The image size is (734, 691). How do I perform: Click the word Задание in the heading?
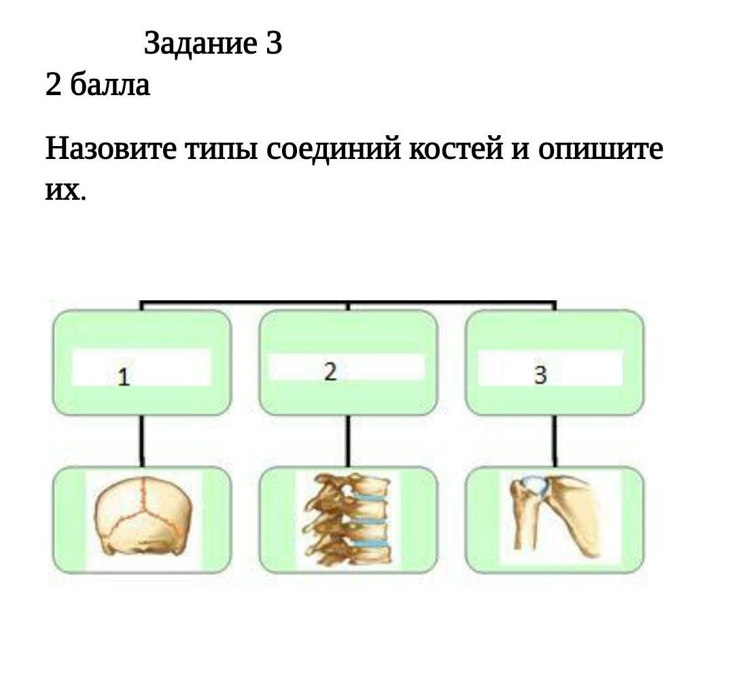point(200,44)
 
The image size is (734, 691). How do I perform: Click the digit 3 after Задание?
point(275,43)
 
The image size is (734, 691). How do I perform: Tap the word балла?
point(110,85)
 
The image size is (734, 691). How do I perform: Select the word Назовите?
point(111,149)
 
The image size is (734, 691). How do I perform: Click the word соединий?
point(334,149)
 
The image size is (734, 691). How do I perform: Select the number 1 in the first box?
point(124,377)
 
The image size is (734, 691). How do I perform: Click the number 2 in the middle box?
point(330,372)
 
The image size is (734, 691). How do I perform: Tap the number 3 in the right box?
point(541,375)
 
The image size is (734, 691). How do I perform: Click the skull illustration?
point(143,516)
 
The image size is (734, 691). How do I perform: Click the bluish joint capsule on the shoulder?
point(536,485)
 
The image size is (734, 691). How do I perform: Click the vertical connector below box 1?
point(142,440)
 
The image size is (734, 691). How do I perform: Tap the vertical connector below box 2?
point(348,440)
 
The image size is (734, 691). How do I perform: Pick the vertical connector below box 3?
point(555,440)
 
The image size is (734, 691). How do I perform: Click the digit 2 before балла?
point(54,85)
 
